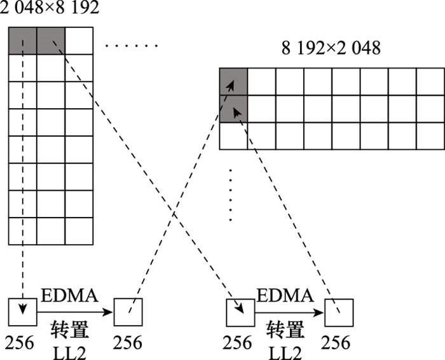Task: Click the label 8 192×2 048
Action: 331,47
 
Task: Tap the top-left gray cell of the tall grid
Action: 22,40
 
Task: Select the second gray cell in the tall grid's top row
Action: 51,40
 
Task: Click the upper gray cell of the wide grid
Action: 233,81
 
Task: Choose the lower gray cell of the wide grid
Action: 233,108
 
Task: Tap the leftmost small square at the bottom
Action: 23,311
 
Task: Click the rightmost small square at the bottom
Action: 338,311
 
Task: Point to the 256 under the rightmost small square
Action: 336,342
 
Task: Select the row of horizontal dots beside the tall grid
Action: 132,46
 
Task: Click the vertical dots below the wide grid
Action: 231,194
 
